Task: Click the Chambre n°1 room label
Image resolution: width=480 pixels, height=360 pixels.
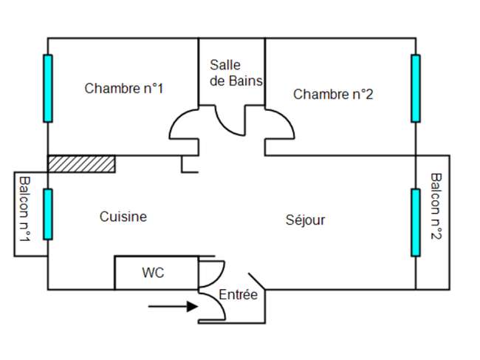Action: pyautogui.click(x=123, y=89)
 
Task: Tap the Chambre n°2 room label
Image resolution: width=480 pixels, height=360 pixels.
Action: pyautogui.click(x=333, y=94)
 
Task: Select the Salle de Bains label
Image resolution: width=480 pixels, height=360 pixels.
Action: pyautogui.click(x=236, y=73)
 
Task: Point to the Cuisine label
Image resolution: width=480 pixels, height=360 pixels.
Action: pyautogui.click(x=123, y=217)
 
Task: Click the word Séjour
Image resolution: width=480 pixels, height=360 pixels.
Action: pyautogui.click(x=305, y=220)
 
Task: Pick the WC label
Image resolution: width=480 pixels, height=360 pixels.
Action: pyautogui.click(x=153, y=273)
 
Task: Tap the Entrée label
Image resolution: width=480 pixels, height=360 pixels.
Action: pyautogui.click(x=239, y=295)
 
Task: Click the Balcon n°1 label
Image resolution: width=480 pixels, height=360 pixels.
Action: pyautogui.click(x=24, y=209)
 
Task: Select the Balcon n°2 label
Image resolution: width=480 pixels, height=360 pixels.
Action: pyautogui.click(x=436, y=206)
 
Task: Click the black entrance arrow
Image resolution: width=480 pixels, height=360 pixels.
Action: pyautogui.click(x=173, y=306)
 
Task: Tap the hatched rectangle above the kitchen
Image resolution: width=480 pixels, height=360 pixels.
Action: pyautogui.click(x=81, y=164)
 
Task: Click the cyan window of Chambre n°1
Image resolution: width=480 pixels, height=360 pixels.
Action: pyautogui.click(x=48, y=88)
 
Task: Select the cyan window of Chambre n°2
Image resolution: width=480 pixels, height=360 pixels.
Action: pyautogui.click(x=416, y=88)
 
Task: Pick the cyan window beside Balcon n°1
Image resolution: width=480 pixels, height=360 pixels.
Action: pyautogui.click(x=48, y=214)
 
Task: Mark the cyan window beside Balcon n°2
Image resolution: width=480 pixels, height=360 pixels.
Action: pyautogui.click(x=416, y=223)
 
